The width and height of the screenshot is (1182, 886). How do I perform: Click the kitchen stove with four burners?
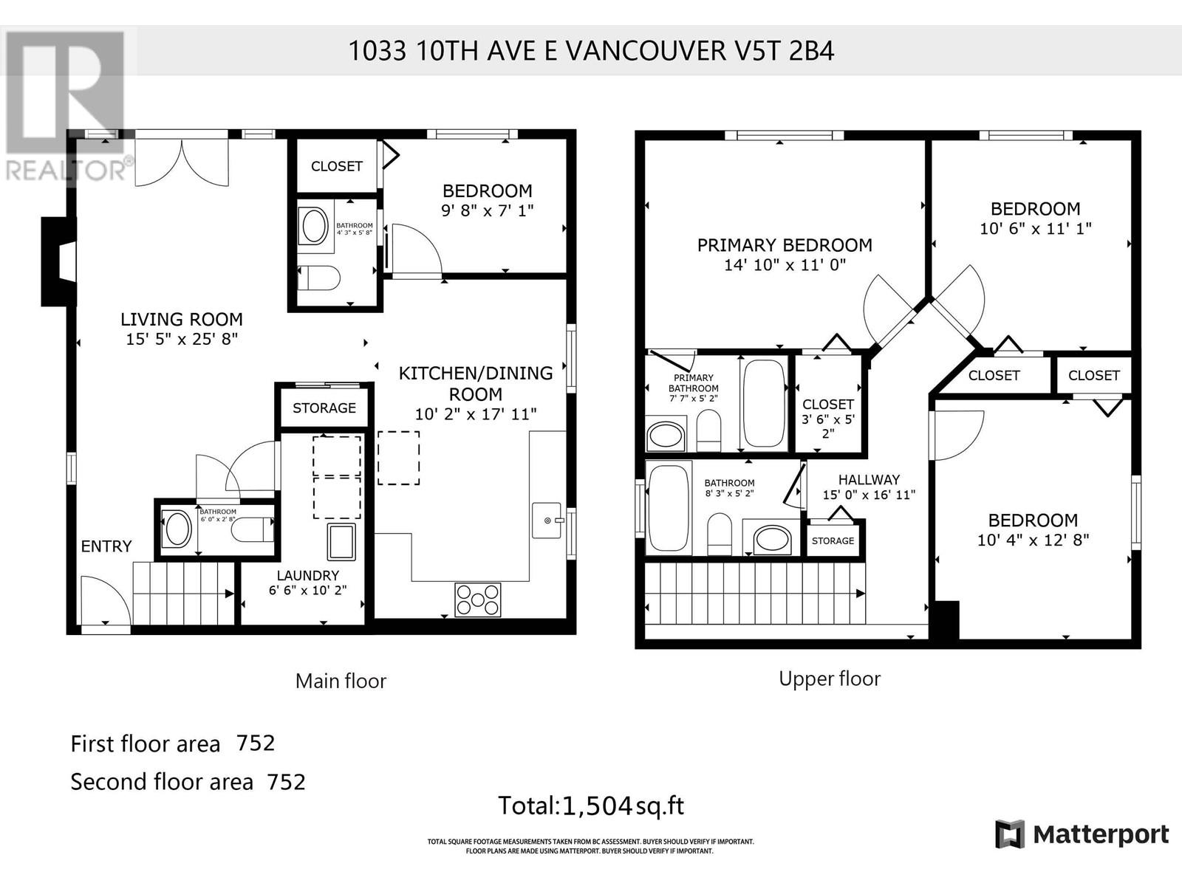(478, 600)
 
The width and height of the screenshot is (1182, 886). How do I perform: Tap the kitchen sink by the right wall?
(547, 521)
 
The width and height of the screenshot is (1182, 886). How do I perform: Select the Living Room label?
(182, 320)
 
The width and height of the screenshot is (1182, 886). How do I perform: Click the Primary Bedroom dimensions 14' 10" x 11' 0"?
(785, 265)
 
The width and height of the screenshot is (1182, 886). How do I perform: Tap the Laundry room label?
(307, 575)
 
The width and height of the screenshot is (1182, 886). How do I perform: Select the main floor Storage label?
(324, 408)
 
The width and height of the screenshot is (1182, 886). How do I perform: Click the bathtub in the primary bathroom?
(764, 403)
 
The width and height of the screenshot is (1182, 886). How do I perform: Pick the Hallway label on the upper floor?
(869, 480)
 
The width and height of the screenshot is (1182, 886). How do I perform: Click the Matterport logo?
(1082, 834)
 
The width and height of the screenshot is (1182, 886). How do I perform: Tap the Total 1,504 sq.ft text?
(591, 806)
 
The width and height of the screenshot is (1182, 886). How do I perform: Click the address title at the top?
(591, 51)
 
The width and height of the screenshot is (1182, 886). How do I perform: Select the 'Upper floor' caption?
(830, 679)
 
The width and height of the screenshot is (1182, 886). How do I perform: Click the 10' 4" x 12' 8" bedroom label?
(1033, 540)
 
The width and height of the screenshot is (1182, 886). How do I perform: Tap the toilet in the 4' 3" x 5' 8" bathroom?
(319, 278)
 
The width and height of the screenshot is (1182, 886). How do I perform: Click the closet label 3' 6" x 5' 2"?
(828, 419)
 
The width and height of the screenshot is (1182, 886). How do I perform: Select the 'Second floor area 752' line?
(188, 781)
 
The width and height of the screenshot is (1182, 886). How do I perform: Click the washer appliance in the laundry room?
(341, 541)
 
